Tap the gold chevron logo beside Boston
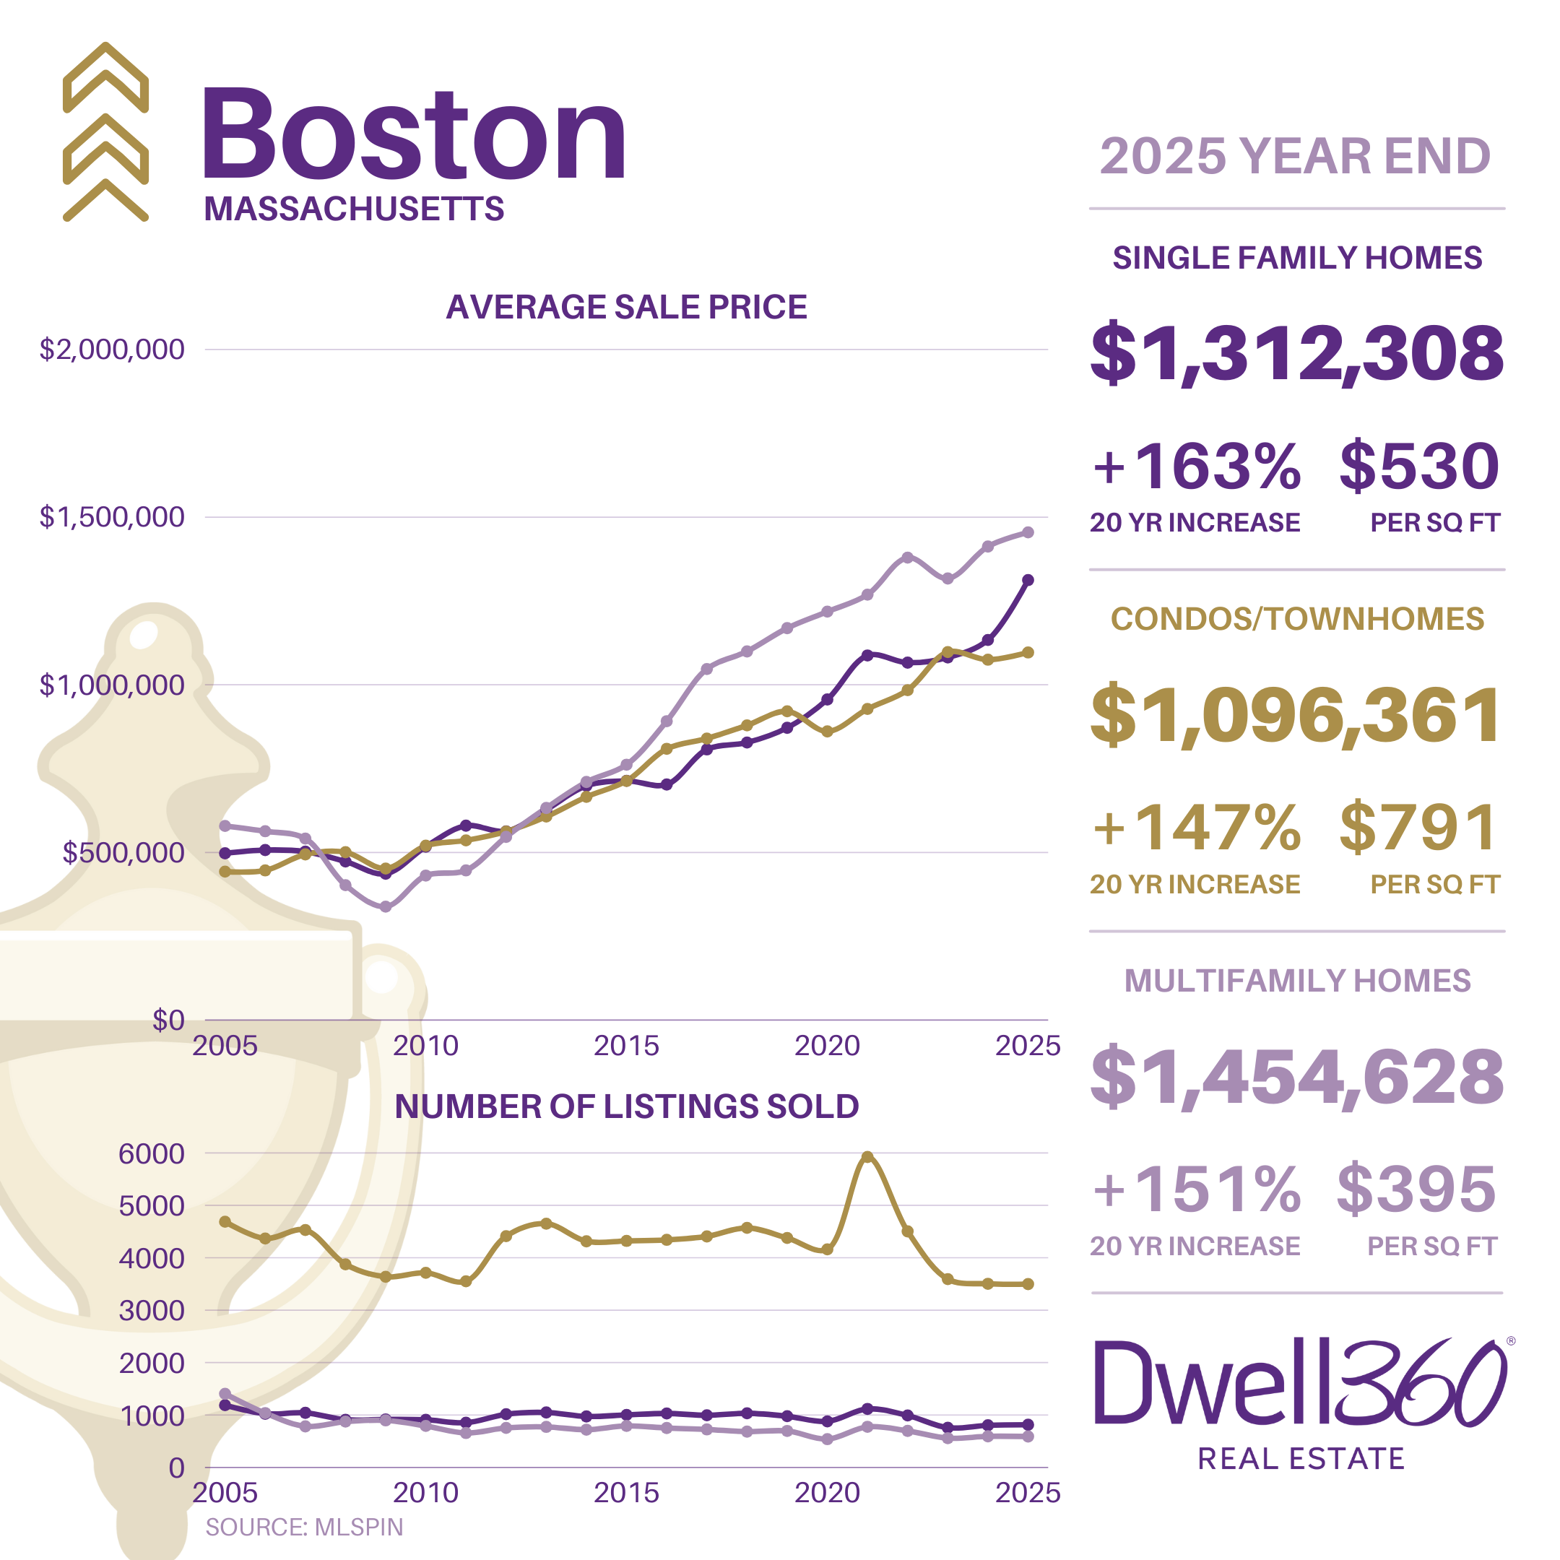105,131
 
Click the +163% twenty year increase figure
1196,467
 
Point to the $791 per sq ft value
1418,828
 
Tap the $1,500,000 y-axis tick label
112,517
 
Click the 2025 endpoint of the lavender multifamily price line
1028,532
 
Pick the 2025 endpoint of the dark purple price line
1028,580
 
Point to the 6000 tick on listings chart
151,1153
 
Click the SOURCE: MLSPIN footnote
303,1527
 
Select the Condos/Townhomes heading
1297,620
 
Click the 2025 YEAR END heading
1295,156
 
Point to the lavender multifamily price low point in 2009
385,907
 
